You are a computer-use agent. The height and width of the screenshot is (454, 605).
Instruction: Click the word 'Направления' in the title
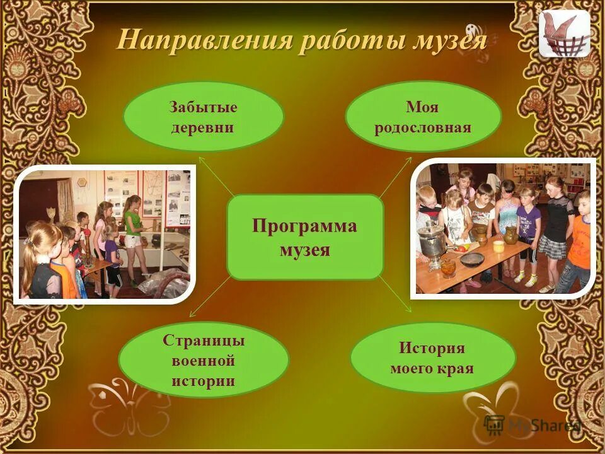point(205,41)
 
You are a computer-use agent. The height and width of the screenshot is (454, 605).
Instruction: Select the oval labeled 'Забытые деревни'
point(203,117)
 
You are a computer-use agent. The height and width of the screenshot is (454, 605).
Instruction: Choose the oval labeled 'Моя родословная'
point(423,117)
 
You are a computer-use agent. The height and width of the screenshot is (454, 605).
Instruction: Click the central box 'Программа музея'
point(305,237)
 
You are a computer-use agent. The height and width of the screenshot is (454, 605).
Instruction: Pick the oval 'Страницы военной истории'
point(203,361)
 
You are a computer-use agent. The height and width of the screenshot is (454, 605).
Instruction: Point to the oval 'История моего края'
point(432,358)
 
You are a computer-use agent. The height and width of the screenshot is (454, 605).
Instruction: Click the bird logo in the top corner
point(564,35)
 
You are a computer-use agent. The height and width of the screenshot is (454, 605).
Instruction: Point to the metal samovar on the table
point(432,238)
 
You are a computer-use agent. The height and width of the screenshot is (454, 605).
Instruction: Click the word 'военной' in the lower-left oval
point(203,361)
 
